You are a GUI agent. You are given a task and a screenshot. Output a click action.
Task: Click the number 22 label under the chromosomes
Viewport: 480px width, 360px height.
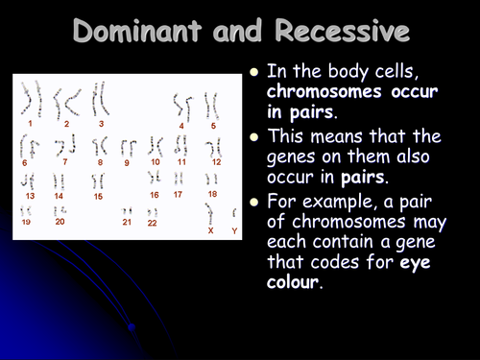(152, 223)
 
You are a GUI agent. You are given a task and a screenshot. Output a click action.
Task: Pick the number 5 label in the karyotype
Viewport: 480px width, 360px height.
(213, 125)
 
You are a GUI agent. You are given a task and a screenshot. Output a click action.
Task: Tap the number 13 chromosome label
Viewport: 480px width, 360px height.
(30, 196)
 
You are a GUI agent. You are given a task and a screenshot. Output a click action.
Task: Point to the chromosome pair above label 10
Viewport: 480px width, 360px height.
(155, 146)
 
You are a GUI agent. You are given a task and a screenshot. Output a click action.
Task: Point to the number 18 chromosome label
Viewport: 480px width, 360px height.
(211, 194)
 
